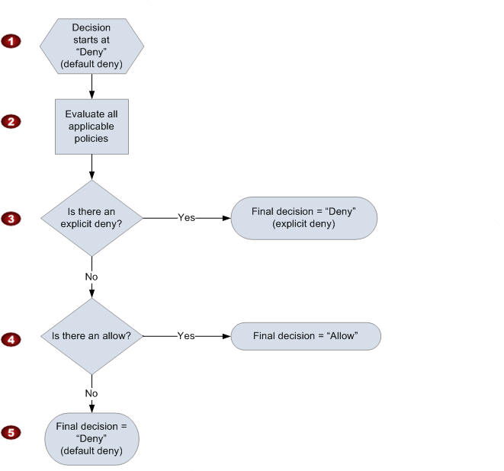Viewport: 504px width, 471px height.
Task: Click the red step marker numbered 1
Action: point(11,41)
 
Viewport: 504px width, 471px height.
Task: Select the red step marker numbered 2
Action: point(11,121)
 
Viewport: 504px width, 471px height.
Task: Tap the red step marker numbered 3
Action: point(11,218)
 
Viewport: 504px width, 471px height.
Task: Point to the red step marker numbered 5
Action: point(11,432)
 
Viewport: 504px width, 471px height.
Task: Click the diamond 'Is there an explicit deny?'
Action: point(91,218)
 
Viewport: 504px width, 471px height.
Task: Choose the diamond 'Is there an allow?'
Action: point(91,336)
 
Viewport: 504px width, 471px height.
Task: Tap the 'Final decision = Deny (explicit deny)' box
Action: point(304,218)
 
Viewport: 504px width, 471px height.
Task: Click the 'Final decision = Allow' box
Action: point(305,336)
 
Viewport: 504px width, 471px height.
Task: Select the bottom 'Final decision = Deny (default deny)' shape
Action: point(91,437)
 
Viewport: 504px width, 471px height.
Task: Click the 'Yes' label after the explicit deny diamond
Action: point(186,218)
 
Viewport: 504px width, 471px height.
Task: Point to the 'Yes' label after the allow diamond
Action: point(186,336)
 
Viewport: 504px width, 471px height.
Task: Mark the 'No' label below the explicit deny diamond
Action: point(91,277)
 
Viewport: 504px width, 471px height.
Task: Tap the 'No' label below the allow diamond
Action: point(91,393)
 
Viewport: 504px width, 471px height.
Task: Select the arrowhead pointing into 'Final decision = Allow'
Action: point(226,336)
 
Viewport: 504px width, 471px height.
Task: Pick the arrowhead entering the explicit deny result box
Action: point(226,218)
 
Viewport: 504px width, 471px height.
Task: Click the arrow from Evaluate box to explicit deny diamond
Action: point(91,166)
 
